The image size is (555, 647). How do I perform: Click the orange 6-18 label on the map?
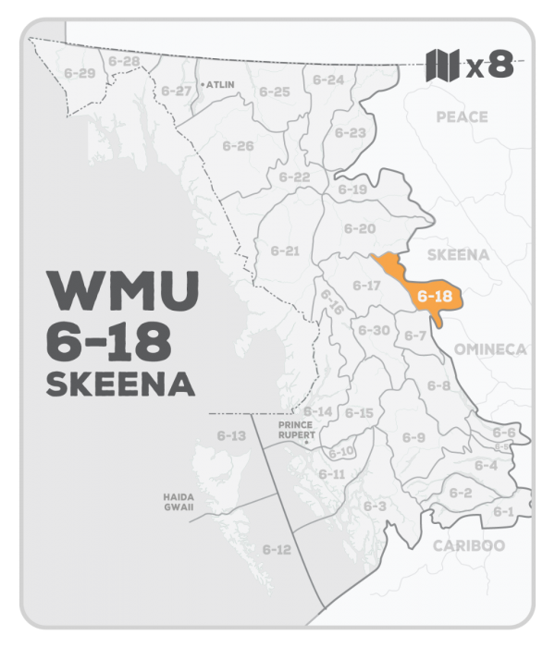pos(434,298)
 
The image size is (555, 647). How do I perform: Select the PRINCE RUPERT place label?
pos(298,429)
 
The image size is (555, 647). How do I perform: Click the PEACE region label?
pos(462,117)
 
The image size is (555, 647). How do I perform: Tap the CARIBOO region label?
pos(468,545)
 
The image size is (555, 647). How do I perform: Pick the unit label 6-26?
pos(238,146)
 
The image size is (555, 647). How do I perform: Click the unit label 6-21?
pos(286,250)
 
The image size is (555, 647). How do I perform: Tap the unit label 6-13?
pos(231,435)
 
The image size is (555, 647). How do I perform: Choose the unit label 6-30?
pos(374,330)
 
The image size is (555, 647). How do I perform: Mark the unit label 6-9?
pos(413,437)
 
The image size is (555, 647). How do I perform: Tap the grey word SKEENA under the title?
pos(116,385)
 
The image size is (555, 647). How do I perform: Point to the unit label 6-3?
pos(375,507)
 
